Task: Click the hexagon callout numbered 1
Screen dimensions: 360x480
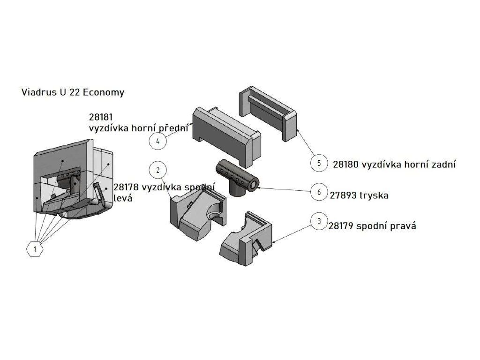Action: click(35, 249)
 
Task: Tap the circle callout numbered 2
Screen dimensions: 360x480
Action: click(158, 170)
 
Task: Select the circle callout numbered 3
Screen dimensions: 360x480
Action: click(319, 220)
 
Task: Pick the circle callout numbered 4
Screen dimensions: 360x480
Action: click(158, 141)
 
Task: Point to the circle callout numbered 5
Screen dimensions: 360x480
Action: click(319, 163)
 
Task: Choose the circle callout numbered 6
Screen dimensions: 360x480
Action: click(319, 192)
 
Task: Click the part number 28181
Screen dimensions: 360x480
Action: click(101, 117)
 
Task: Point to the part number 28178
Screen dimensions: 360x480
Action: click(126, 187)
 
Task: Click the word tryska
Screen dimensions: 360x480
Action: click(374, 195)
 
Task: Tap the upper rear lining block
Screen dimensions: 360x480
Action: click(268, 112)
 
